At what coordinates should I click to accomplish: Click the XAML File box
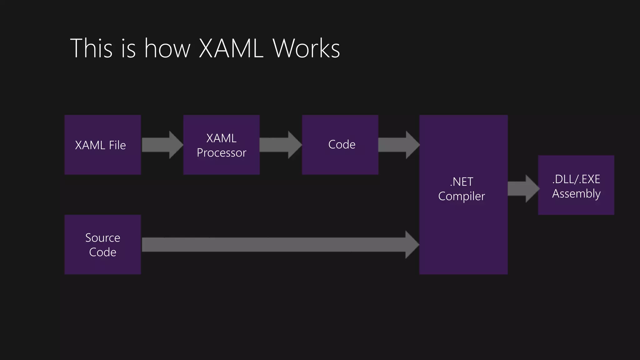coord(102,145)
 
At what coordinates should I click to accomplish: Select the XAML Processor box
coord(221,145)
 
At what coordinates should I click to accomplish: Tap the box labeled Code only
coord(340,145)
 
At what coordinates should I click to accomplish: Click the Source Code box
coord(102,245)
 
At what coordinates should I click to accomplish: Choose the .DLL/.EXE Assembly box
coord(576,185)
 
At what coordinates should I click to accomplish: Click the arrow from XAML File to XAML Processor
coord(162,145)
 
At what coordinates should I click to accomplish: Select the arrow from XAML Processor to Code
coord(280,145)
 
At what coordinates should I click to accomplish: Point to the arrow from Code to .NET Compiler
coord(398,145)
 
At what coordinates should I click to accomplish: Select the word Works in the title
coord(306,49)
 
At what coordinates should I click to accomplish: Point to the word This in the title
coord(91,49)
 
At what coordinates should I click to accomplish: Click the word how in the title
coord(167,49)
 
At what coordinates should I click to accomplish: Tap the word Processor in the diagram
coord(221,153)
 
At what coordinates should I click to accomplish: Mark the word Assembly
coord(576,194)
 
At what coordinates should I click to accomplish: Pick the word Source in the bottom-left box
coord(102,238)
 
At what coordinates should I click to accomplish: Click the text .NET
coord(461,182)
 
